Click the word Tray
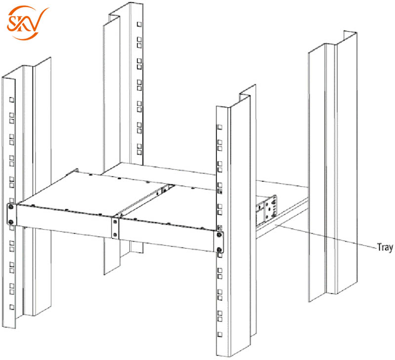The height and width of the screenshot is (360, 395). pos(385,247)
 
